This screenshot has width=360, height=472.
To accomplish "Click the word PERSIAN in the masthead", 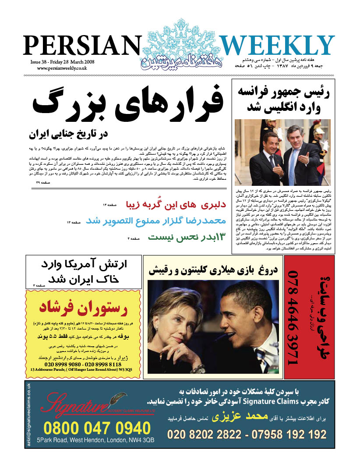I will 81,45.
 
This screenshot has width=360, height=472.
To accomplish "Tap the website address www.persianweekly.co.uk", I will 62,68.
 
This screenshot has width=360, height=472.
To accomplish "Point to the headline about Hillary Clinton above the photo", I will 212,270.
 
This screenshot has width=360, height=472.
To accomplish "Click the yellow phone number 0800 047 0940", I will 97,428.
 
